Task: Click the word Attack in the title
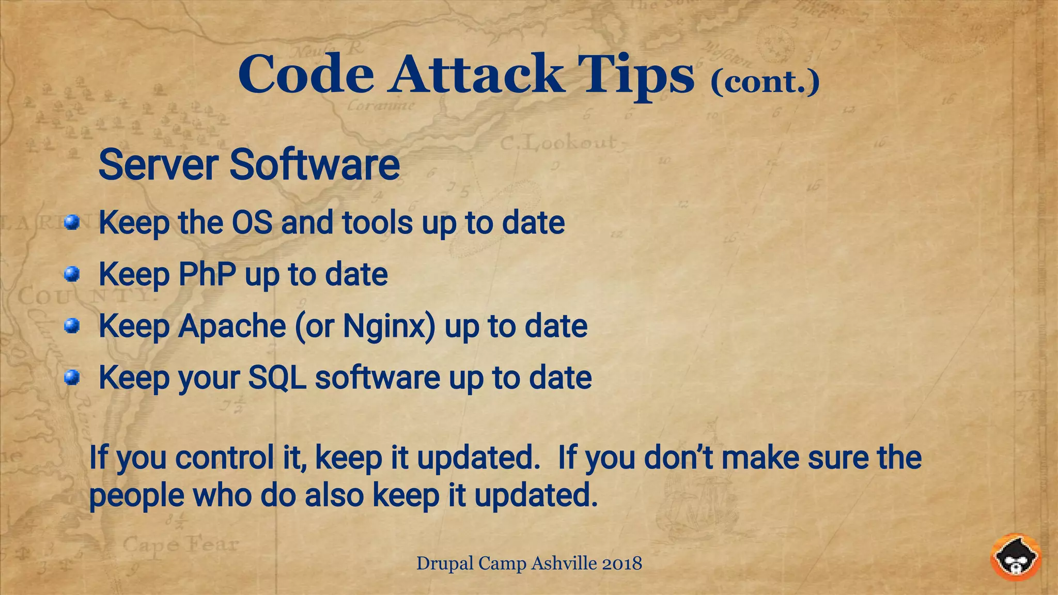476,75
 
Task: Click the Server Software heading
249,165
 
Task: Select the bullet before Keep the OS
72,223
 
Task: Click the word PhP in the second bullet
207,274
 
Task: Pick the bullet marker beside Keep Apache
72,326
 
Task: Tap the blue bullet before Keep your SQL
72,378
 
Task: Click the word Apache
232,326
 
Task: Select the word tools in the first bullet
377,223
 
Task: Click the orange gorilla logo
1016,557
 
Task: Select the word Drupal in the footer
444,563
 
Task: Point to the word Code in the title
306,75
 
